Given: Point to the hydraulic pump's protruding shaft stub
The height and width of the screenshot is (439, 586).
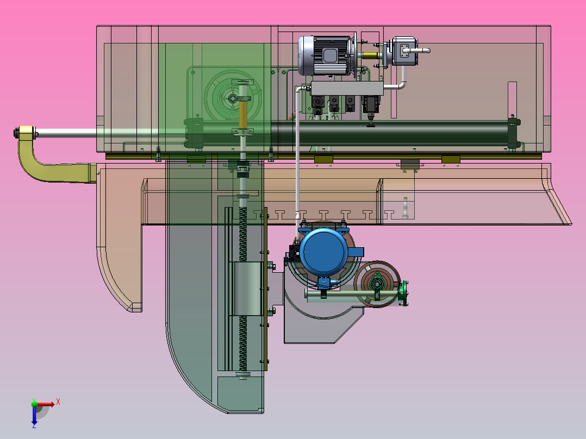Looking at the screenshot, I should [x=422, y=51].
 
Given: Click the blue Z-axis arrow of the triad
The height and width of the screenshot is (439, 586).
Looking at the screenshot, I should [x=34, y=416].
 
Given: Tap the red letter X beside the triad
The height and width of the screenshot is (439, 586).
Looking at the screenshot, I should [x=58, y=402].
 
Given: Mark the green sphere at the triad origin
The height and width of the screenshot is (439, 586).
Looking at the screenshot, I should [x=34, y=404].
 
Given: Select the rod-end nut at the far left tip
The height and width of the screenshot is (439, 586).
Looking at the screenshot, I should [x=25, y=133].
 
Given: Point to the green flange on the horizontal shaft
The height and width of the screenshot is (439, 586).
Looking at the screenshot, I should [x=403, y=294].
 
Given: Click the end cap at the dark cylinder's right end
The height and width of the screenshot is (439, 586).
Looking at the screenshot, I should [x=512, y=132].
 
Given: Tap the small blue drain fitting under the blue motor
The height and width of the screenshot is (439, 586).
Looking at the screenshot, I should [x=324, y=282].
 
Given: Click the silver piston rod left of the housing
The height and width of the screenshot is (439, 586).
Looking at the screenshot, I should [x=65, y=133].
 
